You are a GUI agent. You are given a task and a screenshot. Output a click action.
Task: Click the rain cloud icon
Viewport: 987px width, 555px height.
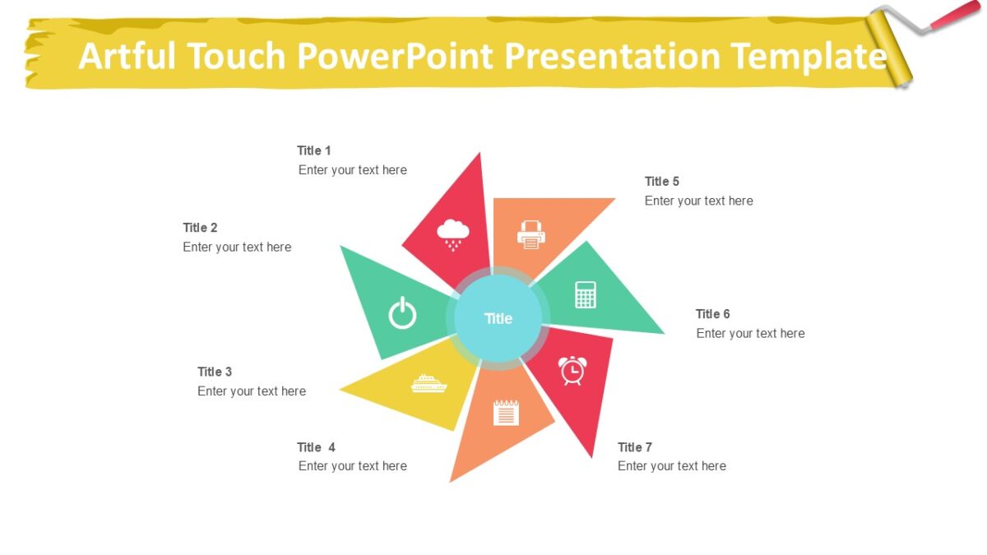(x=452, y=233)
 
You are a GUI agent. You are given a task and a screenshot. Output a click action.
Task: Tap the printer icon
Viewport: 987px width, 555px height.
(x=531, y=234)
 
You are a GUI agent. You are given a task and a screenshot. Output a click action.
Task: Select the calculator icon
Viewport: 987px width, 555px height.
(x=586, y=294)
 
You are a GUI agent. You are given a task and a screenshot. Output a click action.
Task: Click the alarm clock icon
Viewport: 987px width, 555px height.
(x=572, y=370)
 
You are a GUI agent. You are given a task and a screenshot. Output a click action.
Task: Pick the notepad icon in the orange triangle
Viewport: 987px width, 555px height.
(x=506, y=412)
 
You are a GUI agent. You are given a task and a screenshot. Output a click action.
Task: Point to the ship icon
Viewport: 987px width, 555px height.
(x=429, y=383)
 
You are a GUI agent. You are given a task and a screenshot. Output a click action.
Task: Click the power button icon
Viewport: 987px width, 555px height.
(x=402, y=313)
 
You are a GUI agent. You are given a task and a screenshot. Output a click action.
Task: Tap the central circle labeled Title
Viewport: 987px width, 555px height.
(x=498, y=318)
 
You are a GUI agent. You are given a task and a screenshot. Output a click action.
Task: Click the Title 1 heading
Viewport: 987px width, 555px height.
(x=314, y=150)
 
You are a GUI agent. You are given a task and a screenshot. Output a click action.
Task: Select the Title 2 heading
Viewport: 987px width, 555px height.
(x=200, y=228)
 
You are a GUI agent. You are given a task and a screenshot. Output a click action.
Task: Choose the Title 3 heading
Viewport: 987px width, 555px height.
(x=215, y=372)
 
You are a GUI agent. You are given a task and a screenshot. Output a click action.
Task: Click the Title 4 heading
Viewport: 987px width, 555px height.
(x=316, y=447)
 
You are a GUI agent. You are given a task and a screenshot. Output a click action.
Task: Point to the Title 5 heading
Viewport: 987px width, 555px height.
(x=662, y=182)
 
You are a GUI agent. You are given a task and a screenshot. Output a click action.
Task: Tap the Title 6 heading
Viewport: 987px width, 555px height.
(x=712, y=314)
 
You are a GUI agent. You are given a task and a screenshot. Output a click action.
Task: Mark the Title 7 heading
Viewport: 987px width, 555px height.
(x=635, y=447)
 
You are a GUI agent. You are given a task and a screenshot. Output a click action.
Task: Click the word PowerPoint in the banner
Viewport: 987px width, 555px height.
(x=394, y=56)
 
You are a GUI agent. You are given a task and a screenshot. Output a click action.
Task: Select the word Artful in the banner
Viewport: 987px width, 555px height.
(x=127, y=56)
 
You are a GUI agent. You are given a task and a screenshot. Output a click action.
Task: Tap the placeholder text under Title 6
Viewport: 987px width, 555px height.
(x=750, y=333)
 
